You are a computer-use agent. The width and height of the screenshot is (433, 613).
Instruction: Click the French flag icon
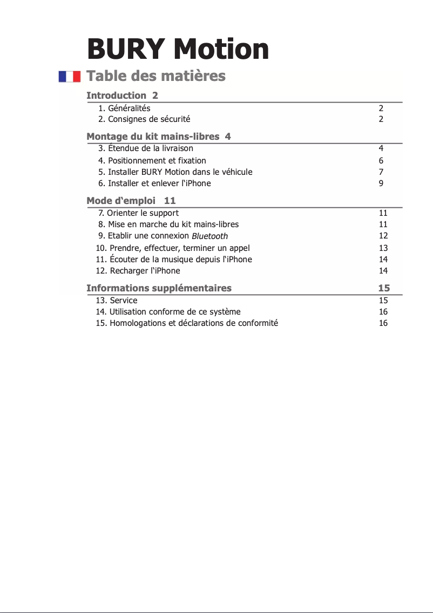[70, 76]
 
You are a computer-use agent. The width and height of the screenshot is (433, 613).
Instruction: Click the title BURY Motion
[178, 49]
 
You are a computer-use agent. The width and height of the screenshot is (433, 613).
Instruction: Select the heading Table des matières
[156, 76]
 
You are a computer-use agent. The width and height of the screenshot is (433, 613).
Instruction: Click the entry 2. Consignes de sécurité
[144, 119]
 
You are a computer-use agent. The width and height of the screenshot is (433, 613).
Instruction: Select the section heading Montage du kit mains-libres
[153, 137]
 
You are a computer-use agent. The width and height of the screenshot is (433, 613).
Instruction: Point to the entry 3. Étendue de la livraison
[145, 148]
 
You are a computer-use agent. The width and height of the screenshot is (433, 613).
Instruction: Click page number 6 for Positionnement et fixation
[381, 161]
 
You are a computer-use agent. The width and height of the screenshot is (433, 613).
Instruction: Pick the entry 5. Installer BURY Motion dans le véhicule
[175, 172]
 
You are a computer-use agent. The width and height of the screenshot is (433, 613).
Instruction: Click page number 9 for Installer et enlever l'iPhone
[381, 183]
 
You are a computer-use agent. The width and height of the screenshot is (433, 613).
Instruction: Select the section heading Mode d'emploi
[121, 201]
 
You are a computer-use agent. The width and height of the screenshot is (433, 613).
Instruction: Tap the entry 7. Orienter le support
[138, 213]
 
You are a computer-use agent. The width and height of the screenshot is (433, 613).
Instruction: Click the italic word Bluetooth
[209, 236]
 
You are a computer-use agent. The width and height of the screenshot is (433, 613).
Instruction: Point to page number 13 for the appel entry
[383, 248]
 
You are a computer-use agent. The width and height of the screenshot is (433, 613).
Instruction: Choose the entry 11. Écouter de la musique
[173, 260]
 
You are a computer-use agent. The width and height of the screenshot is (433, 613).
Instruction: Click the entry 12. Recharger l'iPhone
[138, 271]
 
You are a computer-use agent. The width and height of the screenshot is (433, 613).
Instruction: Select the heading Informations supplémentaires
[159, 288]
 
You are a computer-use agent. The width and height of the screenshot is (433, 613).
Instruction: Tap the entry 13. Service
[117, 301]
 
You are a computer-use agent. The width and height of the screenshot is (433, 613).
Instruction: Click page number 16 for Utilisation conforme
[383, 312]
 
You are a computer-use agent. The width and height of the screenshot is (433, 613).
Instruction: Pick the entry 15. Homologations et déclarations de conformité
[187, 324]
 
